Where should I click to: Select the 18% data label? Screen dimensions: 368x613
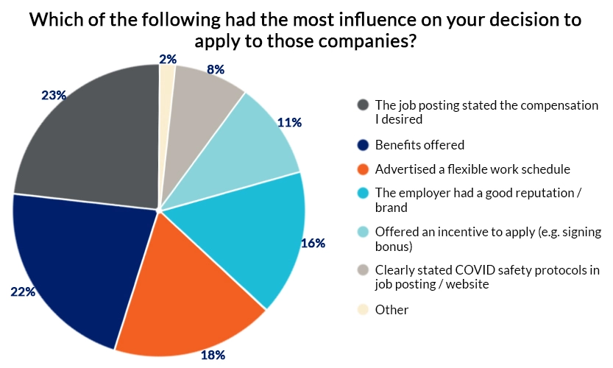(x=213, y=355)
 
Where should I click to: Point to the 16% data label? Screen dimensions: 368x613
(x=313, y=243)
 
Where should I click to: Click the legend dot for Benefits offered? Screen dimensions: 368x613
(x=362, y=145)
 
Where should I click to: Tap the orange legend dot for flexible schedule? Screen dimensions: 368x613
(x=362, y=169)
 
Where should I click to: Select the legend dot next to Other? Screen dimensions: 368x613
(x=362, y=310)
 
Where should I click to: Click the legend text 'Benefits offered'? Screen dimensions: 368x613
(x=419, y=145)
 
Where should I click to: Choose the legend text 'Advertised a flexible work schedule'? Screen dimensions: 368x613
(x=472, y=169)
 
